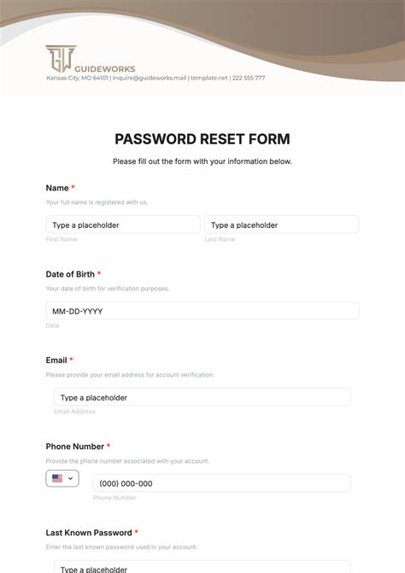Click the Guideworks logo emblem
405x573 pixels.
[59, 58]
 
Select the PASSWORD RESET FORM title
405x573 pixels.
[202, 139]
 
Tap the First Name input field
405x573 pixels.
[123, 225]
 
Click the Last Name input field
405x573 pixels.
[281, 225]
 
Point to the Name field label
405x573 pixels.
[57, 188]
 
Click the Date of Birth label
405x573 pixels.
[70, 274]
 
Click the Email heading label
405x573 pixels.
[56, 360]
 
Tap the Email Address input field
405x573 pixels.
[202, 397]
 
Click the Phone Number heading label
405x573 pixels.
[74, 447]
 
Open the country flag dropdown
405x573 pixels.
[62, 479]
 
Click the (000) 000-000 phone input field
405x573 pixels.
[221, 483]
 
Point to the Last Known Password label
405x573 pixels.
[88, 533]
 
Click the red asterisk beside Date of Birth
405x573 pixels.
[99, 274]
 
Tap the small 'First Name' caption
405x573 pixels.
[62, 239]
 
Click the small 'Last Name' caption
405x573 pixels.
[220, 239]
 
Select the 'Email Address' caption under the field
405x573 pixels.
[74, 412]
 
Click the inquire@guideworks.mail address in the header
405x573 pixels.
[150, 78]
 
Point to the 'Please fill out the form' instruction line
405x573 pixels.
[202, 161]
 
